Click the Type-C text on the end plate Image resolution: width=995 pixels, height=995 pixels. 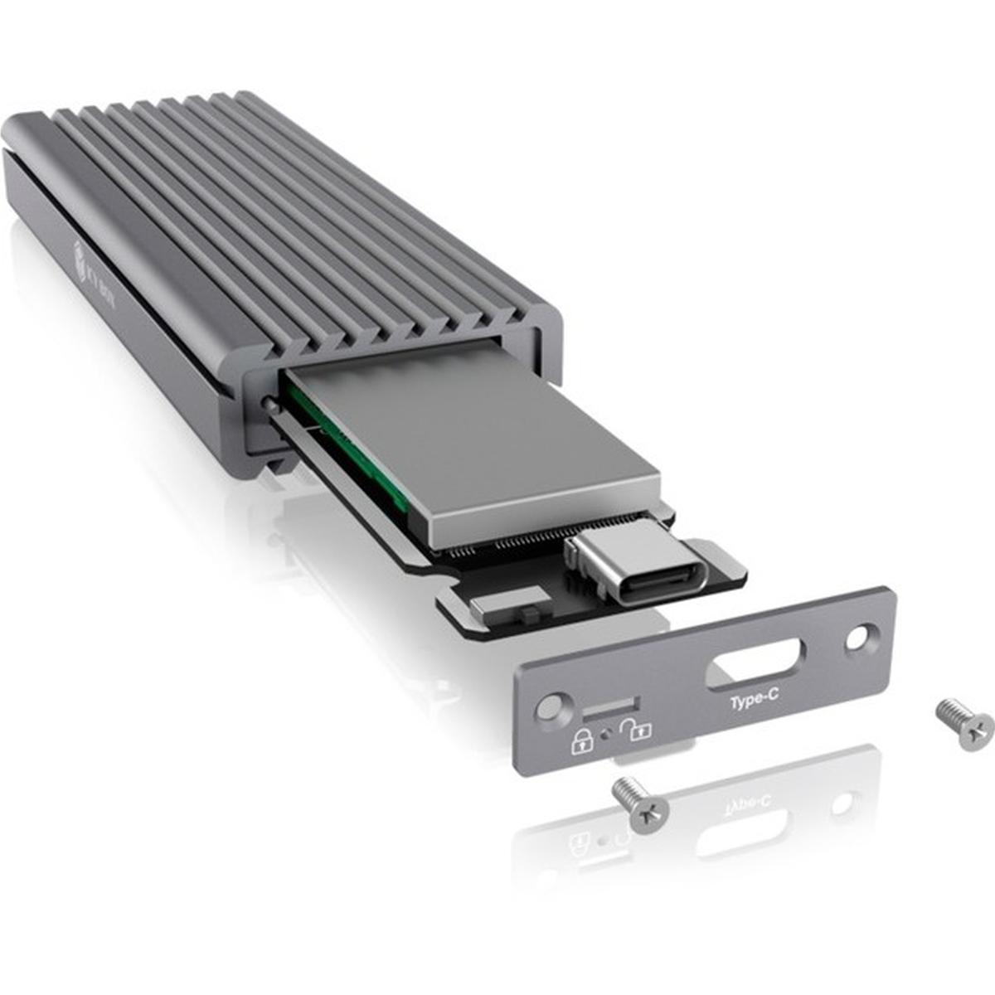click(x=754, y=701)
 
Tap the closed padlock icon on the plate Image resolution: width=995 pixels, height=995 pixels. click(x=581, y=740)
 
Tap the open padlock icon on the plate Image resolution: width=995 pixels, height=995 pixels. click(x=638, y=730)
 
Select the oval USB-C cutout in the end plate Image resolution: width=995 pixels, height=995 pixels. click(x=754, y=666)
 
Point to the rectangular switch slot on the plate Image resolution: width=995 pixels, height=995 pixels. click(x=610, y=708)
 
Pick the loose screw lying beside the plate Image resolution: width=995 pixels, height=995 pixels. click(x=965, y=723)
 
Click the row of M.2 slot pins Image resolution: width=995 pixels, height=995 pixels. click(x=506, y=547)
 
